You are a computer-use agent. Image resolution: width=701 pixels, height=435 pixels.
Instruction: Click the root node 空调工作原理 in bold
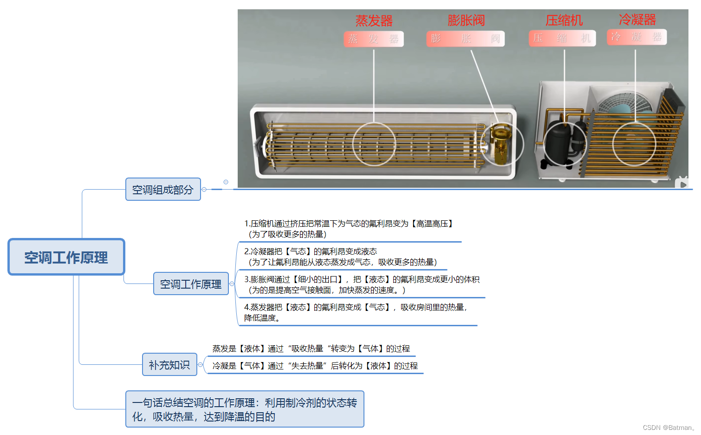point(66,257)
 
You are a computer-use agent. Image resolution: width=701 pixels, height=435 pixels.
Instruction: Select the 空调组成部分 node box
point(163,190)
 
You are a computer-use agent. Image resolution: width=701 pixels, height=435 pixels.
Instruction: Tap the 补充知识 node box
point(169,365)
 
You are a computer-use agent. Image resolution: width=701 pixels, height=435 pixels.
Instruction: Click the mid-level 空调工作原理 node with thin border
point(191,284)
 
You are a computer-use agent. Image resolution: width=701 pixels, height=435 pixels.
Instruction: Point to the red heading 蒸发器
point(374,20)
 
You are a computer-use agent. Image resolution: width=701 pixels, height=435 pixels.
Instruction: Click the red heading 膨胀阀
point(466,20)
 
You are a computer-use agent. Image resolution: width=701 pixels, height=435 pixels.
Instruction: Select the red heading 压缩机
point(564,20)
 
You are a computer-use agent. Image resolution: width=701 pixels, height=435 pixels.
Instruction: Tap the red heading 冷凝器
point(637,20)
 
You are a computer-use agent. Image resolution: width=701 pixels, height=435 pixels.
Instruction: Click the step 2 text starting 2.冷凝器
point(340,257)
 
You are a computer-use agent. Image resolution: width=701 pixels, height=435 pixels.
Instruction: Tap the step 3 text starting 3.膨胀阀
point(361,284)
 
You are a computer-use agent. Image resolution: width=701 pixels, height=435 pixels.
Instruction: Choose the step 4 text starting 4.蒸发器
point(356,312)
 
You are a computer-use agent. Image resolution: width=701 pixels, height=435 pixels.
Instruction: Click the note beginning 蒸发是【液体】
point(311,349)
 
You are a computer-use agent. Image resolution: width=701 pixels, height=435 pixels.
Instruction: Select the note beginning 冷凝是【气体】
point(315,366)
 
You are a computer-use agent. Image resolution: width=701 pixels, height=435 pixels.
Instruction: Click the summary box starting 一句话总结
point(245,409)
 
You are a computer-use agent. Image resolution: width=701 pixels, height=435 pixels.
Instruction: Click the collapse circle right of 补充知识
point(201,365)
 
